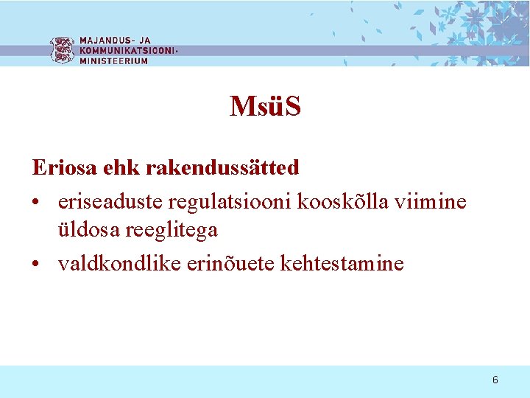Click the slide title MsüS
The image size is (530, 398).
click(x=265, y=108)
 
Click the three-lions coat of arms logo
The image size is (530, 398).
click(x=62, y=50)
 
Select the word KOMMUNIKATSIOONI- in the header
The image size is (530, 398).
click(x=128, y=51)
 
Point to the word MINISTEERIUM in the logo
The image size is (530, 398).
click(x=113, y=61)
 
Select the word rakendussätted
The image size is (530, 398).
click(x=222, y=168)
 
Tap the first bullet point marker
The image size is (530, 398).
click(x=37, y=201)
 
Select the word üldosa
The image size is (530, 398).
click(x=92, y=231)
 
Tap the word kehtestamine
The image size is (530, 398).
click(x=342, y=263)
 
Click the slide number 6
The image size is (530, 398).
click(x=495, y=380)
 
